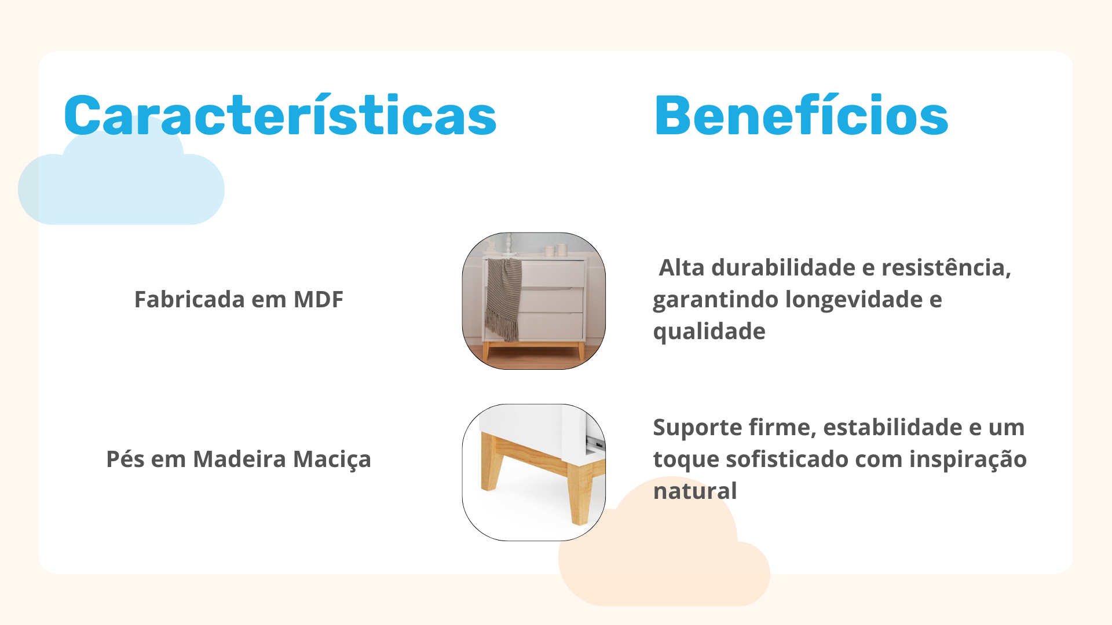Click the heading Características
click(280, 115)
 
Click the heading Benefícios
click(801, 115)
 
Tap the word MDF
click(319, 299)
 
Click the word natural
click(695, 491)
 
